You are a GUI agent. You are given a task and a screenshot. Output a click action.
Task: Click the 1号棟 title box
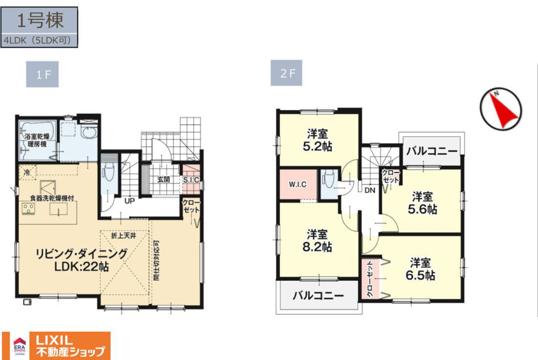pos(40,21)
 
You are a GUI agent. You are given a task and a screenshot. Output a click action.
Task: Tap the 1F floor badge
pos(43,75)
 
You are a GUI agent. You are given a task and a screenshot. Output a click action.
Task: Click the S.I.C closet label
pos(191,180)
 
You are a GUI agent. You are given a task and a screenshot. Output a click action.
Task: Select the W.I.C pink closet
pos(297,185)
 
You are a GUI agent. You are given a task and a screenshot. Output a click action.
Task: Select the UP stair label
pos(129,201)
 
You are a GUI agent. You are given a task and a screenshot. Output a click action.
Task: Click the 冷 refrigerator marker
pos(26,172)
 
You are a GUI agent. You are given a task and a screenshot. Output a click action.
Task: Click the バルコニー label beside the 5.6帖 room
pos(432,151)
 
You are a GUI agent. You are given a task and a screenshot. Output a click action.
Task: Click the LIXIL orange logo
pos(70,345)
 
